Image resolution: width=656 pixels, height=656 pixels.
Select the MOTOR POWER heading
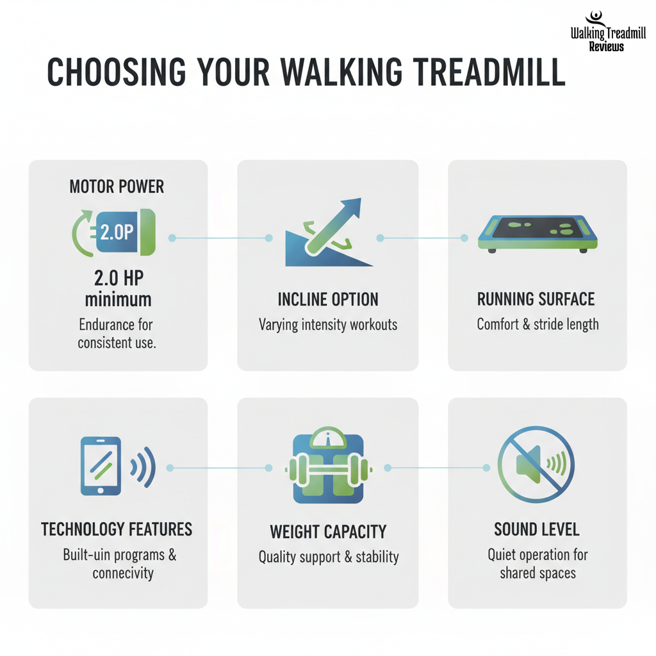click(x=117, y=186)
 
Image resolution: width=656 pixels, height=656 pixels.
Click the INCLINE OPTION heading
click(x=328, y=299)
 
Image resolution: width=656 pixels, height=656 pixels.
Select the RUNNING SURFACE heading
click(x=536, y=299)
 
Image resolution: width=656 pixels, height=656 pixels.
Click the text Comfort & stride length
click(x=537, y=324)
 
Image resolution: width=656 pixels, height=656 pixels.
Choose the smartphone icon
click(x=101, y=466)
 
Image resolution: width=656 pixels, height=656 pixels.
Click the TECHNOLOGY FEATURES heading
click(x=117, y=529)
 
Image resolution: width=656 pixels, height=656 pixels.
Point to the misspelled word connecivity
click(x=123, y=573)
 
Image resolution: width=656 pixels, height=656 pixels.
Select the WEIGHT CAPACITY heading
click(x=328, y=532)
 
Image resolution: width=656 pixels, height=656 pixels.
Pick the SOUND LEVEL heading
click(x=537, y=530)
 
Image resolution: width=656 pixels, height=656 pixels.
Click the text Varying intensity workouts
click(x=328, y=324)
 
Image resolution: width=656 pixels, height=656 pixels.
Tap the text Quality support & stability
click(x=328, y=557)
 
